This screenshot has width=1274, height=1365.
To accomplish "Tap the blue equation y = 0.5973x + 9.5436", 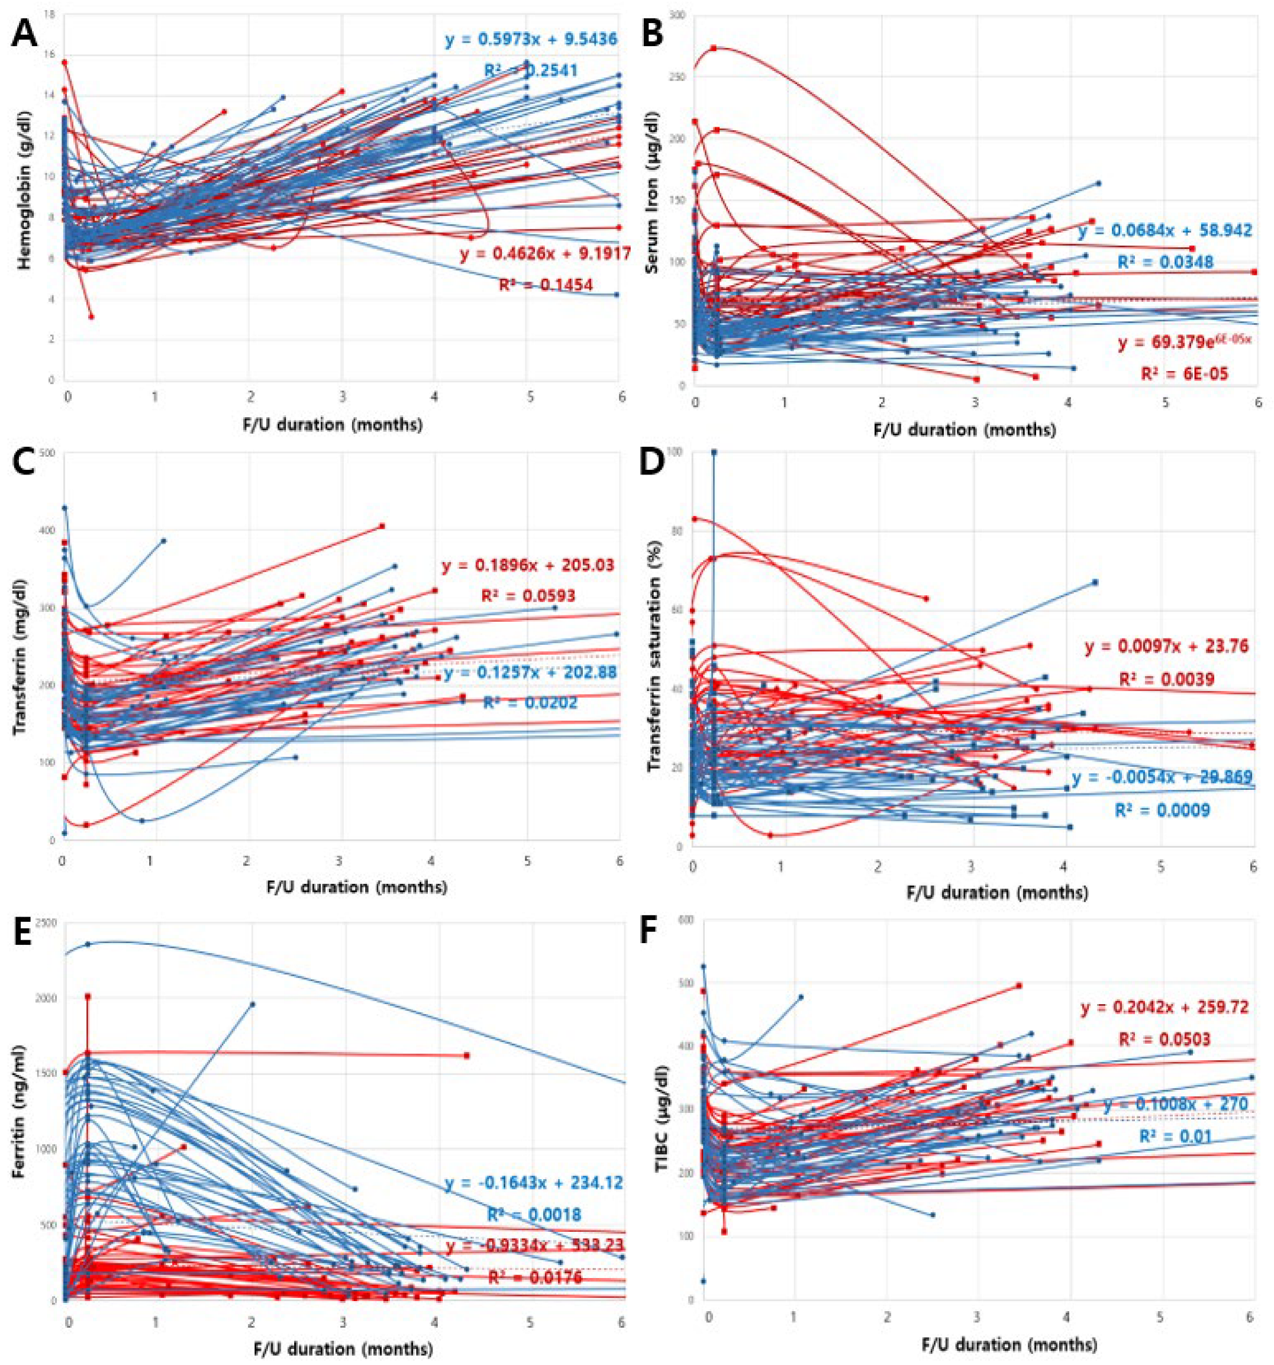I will (531, 40).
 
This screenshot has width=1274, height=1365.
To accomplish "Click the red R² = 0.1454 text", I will (546, 284).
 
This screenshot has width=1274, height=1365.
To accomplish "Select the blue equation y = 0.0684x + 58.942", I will (1165, 231).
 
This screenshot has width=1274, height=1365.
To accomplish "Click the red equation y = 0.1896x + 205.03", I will (527, 566).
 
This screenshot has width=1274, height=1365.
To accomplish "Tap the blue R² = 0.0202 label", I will (530, 702).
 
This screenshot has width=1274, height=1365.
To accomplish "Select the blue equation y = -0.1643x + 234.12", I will (534, 1183).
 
